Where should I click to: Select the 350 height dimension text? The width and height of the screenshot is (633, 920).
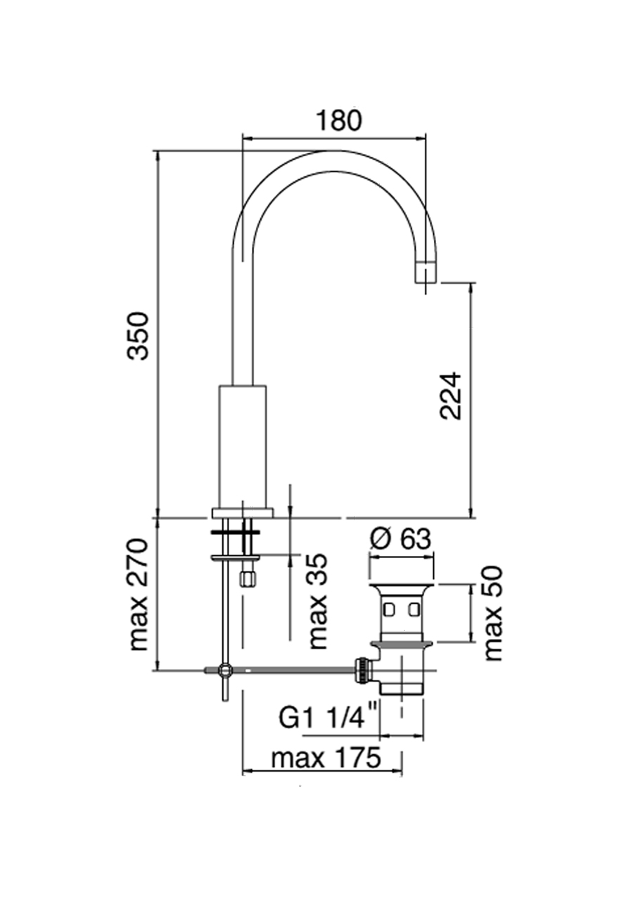[x=139, y=336]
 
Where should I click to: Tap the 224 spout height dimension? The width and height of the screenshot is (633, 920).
[x=451, y=396]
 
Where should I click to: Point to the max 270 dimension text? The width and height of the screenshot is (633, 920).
[x=139, y=594]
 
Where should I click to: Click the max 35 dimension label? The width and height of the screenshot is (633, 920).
[x=317, y=601]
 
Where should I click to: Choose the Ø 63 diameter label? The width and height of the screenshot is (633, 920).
[x=400, y=539]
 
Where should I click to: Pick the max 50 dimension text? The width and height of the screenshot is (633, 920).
[x=494, y=614]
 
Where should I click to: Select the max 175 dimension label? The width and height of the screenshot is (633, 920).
[x=326, y=758]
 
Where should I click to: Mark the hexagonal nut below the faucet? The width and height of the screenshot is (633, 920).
[x=246, y=578]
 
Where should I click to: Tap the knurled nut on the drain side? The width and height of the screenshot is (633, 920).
[x=362, y=670]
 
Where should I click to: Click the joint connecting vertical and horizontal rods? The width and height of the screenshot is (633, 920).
[x=224, y=670]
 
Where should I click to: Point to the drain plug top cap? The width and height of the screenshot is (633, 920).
[x=401, y=587]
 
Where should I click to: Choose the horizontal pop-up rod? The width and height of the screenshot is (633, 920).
[x=295, y=670]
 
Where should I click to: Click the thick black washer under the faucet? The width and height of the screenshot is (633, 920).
[x=235, y=533]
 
